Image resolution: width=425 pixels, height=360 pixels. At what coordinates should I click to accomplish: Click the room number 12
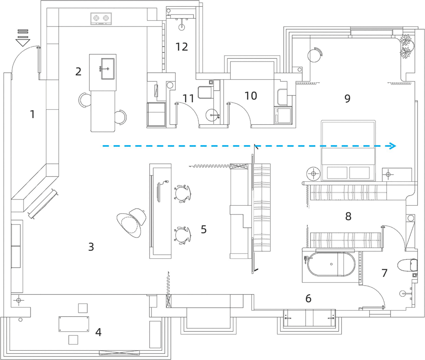click(182, 47)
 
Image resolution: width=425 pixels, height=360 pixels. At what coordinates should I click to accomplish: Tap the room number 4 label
click(98, 332)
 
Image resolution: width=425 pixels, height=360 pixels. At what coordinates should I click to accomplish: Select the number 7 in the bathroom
click(384, 273)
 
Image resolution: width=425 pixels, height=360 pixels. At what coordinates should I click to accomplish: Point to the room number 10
click(251, 96)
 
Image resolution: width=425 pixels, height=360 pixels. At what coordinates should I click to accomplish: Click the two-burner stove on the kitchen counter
click(101, 19)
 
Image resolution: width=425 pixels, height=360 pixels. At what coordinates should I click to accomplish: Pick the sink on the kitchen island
click(108, 69)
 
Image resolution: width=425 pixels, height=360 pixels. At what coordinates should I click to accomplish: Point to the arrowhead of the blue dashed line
click(393, 146)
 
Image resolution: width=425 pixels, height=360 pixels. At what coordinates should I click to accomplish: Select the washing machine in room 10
click(283, 115)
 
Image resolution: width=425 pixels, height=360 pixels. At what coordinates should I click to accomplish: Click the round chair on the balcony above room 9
click(315, 55)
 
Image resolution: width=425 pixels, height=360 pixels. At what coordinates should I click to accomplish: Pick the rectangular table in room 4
click(74, 324)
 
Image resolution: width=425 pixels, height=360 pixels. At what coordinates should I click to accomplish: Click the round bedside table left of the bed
click(313, 173)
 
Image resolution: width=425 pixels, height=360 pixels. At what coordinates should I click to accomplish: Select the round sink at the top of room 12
click(182, 27)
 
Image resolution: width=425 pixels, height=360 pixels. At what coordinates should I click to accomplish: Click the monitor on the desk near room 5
click(159, 192)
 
